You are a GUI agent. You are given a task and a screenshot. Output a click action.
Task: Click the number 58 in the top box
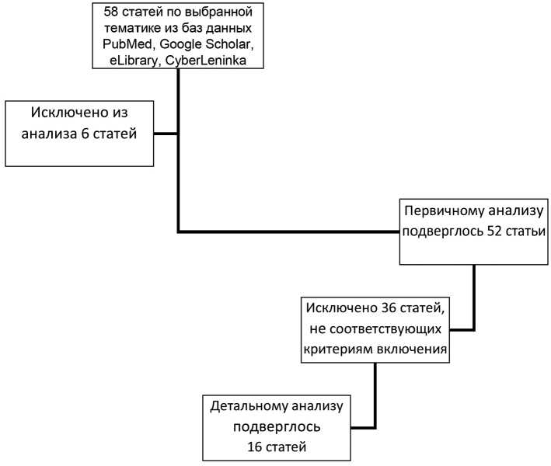click(x=100, y=12)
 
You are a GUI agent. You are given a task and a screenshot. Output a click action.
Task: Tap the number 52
click(x=482, y=231)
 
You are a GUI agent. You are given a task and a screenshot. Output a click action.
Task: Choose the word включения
click(x=409, y=349)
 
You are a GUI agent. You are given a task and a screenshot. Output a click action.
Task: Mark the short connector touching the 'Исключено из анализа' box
click(x=166, y=133)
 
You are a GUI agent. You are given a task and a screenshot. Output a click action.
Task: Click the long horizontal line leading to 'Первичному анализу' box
click(x=288, y=231)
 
